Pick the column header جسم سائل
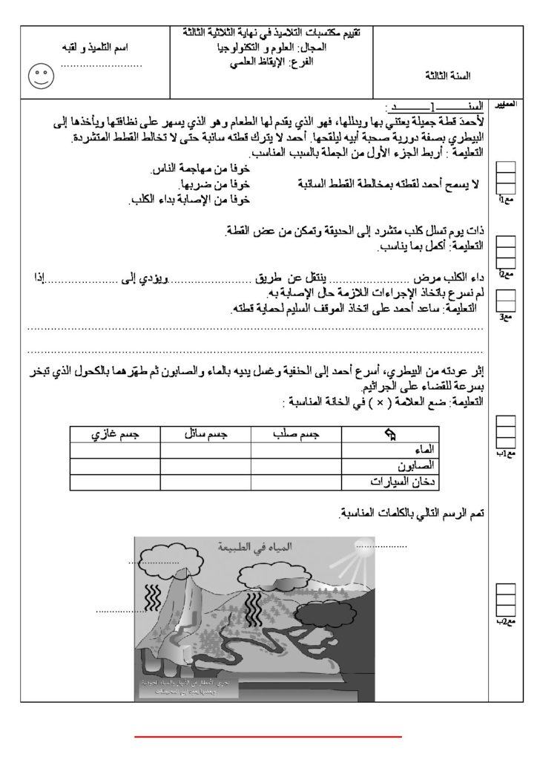click(x=205, y=433)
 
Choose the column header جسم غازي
click(x=116, y=433)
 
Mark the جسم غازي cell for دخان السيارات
click(x=116, y=481)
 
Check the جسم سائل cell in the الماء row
click(x=205, y=449)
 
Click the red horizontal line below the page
click(x=268, y=737)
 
